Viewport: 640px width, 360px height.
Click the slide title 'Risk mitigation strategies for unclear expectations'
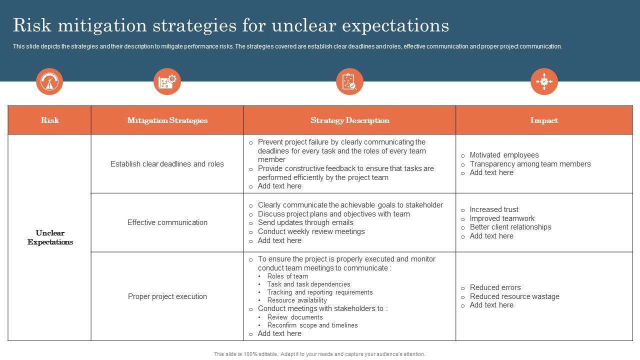(x=230, y=25)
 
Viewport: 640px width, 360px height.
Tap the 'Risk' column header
(x=49, y=120)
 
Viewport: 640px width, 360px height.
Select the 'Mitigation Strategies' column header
(x=167, y=120)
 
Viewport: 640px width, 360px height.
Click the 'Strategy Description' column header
(x=349, y=120)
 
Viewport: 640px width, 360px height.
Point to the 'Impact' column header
(x=544, y=120)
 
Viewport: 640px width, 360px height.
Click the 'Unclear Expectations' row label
(x=50, y=237)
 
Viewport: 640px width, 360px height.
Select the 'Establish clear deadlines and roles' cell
(x=167, y=164)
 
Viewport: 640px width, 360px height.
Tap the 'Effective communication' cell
(x=167, y=222)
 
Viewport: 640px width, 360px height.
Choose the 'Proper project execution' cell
(x=167, y=296)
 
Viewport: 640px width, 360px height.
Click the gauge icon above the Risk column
(x=49, y=81)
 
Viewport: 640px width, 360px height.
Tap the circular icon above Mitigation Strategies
(x=167, y=81)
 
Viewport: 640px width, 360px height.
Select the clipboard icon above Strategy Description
(x=349, y=81)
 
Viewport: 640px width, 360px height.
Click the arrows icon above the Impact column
(x=544, y=81)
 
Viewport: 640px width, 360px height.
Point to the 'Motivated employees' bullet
(x=504, y=155)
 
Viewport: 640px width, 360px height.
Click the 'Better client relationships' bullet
(x=510, y=227)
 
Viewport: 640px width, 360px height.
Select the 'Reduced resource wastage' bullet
(x=514, y=296)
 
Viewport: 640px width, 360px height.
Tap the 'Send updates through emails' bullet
(x=305, y=222)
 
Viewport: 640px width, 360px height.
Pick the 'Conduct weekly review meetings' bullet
(x=311, y=231)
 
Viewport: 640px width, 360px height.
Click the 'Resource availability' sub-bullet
(x=296, y=300)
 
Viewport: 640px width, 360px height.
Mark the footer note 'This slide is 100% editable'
(x=319, y=354)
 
